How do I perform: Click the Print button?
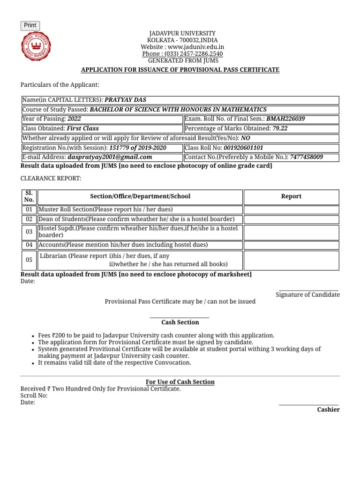click(30, 25)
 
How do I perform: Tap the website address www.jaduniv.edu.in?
click(196, 47)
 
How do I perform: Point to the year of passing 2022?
click(74, 119)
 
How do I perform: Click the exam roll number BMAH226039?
click(285, 119)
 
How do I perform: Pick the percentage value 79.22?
click(280, 128)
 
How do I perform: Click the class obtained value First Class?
click(82, 128)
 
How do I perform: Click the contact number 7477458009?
click(306, 157)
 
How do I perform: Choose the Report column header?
click(291, 196)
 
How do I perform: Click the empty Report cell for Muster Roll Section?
click(291, 210)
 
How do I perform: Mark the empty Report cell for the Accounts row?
click(291, 245)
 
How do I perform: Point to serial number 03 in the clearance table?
click(29, 232)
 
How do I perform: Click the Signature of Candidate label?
click(307, 295)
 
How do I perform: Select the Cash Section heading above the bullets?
click(180, 322)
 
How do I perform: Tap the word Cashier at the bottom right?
click(328, 410)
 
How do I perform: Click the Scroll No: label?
click(34, 396)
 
